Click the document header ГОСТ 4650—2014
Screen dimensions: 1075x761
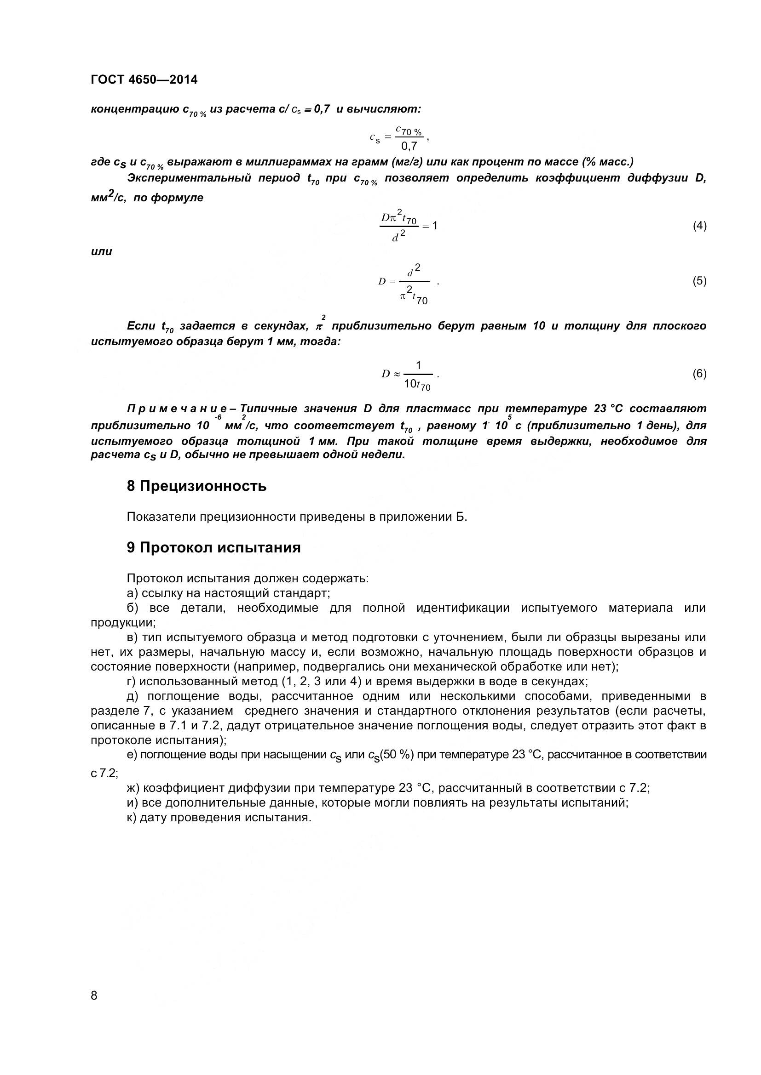pos(144,80)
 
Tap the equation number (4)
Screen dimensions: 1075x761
pos(699,226)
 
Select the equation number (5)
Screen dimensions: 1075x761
pos(699,281)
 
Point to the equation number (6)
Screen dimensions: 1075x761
pos(699,374)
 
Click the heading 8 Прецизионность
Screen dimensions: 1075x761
pos(196,486)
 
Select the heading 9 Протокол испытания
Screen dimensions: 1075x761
pos(213,547)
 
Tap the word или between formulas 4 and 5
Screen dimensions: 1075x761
pos(101,251)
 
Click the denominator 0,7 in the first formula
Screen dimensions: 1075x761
pos(409,146)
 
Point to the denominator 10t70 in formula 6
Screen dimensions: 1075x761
pos(417,385)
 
